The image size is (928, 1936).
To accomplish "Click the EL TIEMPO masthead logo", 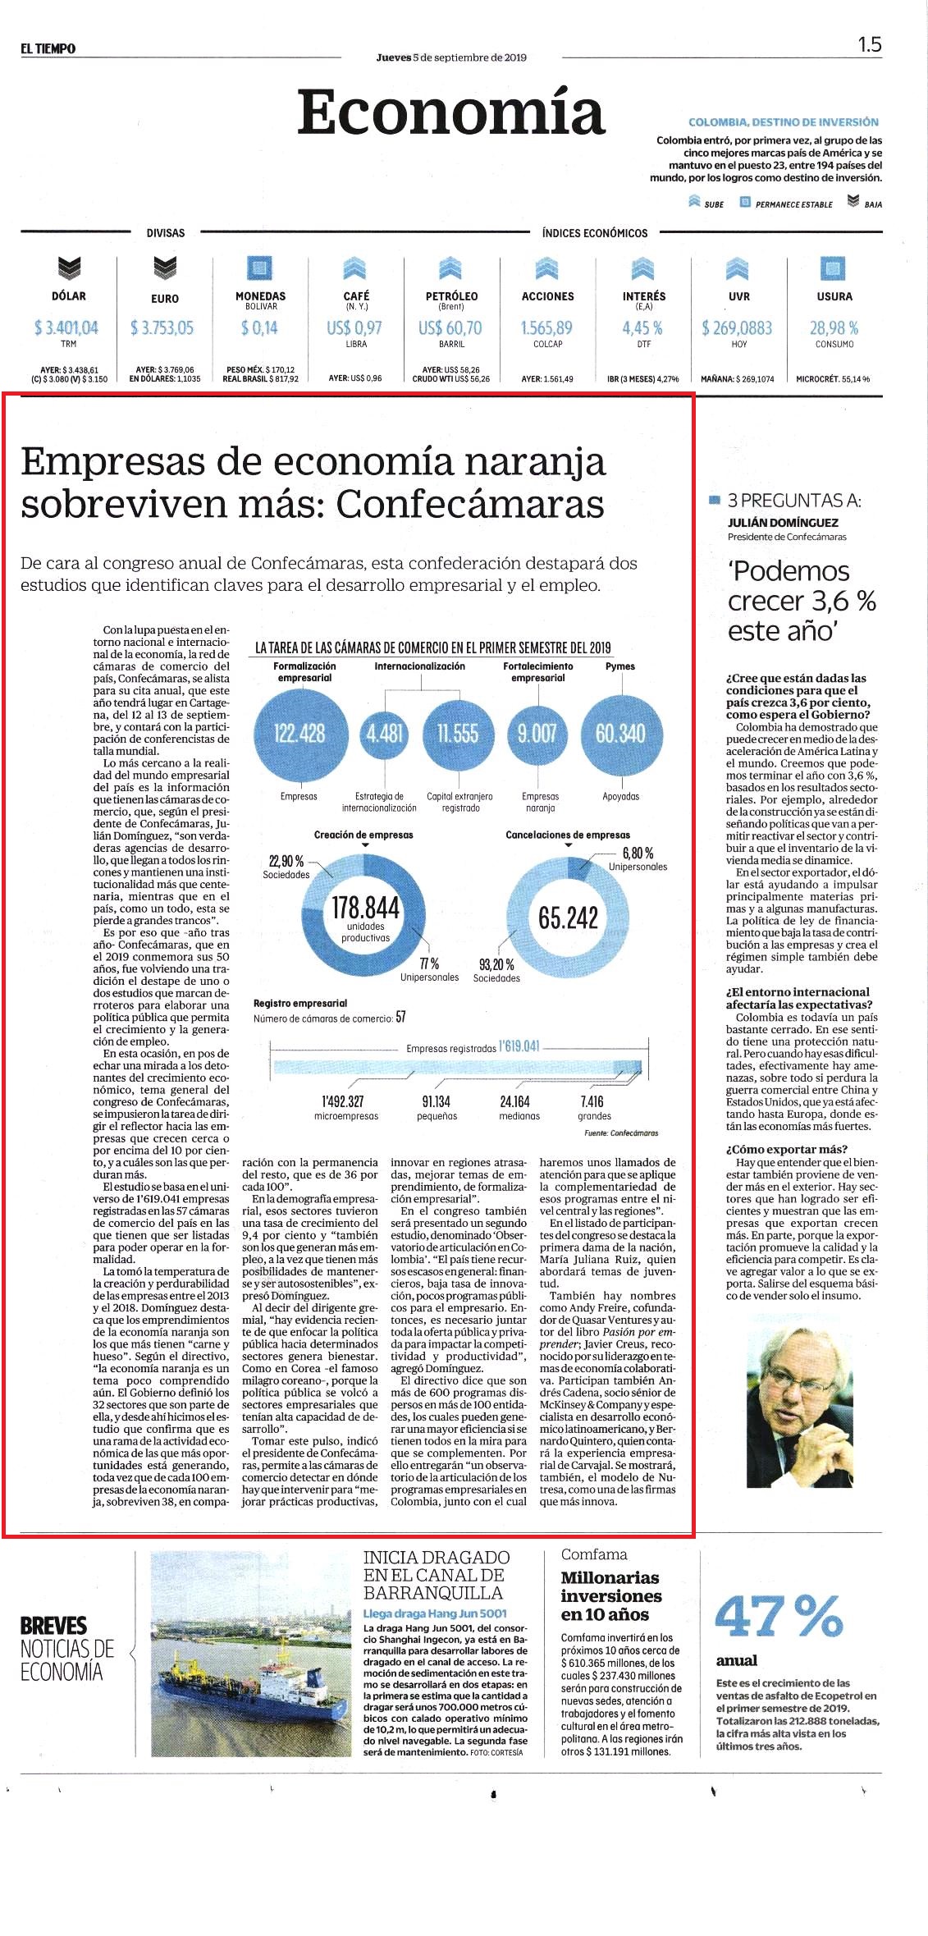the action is coord(48,49).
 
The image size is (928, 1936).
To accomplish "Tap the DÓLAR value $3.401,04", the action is coord(66,327).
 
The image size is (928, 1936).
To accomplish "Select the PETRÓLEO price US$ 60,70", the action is coord(450,327).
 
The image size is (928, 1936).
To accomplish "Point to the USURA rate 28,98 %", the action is coord(834,327).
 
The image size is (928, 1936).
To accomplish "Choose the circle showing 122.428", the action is coord(299,733).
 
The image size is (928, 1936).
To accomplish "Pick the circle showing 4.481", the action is coord(385,733).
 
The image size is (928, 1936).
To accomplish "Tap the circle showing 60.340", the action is coord(620,733).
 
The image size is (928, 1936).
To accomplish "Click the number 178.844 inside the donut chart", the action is coord(365,908).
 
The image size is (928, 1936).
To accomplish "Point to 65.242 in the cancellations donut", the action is coord(568,918).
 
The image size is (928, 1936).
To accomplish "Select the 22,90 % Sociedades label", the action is coord(286,867).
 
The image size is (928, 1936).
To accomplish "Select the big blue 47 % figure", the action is coord(779,1616).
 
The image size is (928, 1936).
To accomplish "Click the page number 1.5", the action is coord(870,44).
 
